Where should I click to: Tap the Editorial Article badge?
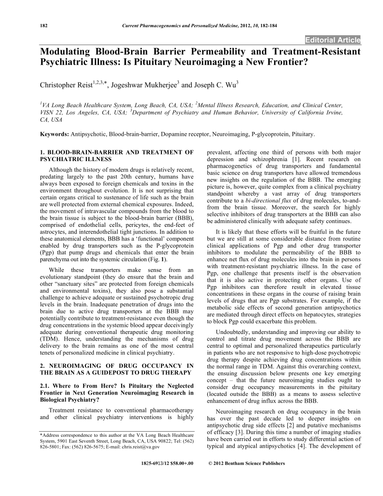[332, 39]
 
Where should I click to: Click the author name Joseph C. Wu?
[215, 86]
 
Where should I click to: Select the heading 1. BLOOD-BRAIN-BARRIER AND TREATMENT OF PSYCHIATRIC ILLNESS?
[117, 155]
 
